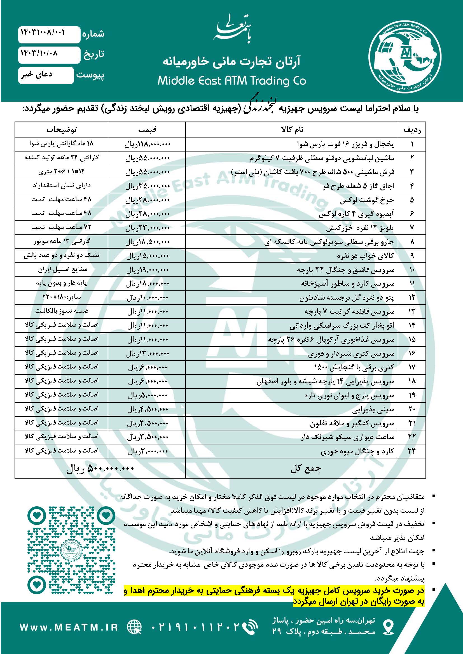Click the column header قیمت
[147, 130]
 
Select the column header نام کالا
[292, 130]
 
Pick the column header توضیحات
[61, 130]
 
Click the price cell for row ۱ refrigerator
[148, 144]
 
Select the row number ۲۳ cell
[412, 451]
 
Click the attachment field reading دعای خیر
[36, 75]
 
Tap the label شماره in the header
[93, 34]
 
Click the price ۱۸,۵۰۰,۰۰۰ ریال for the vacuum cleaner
[148, 242]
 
